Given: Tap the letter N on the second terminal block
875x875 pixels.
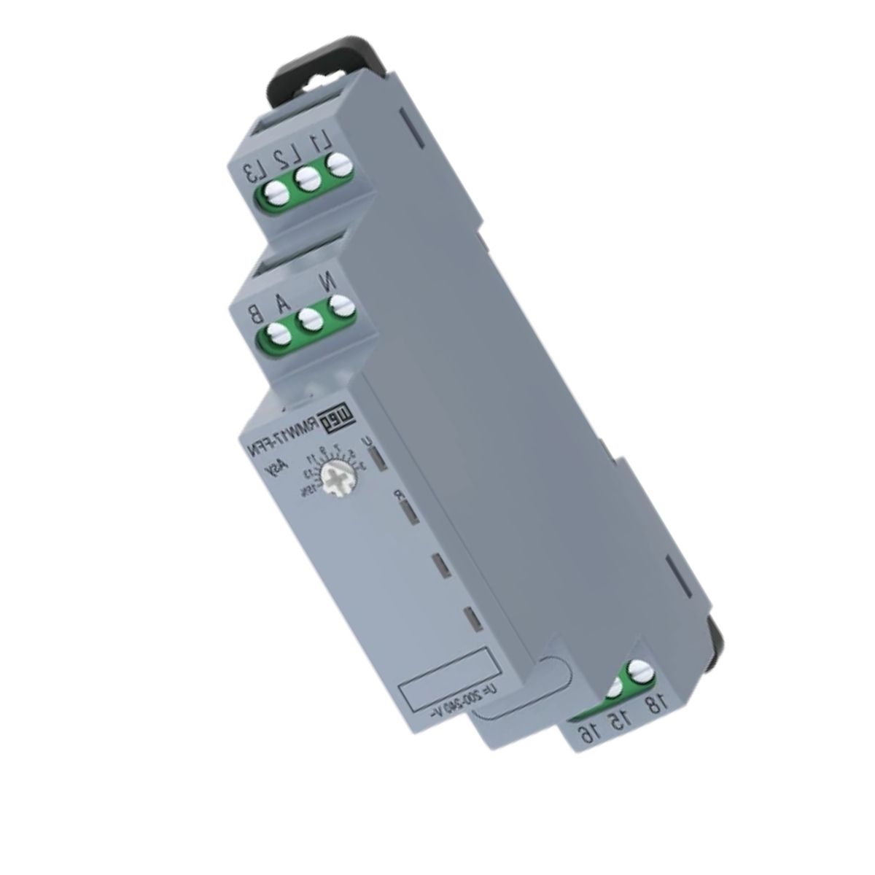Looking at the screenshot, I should click(338, 281).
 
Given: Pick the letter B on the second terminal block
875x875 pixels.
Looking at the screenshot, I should click(255, 314).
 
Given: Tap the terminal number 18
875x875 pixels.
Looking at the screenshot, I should click(654, 705).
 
